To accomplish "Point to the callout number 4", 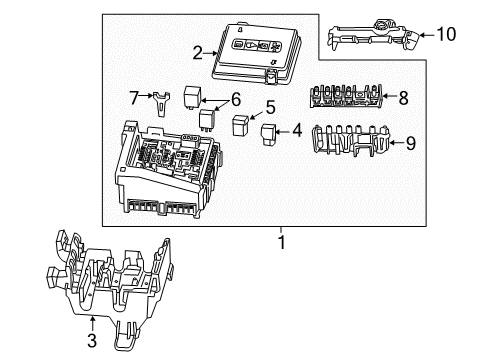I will pos(296,128).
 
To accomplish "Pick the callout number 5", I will pos(269,107).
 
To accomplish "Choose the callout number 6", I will pos(236,98).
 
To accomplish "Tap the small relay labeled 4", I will pos(268,133).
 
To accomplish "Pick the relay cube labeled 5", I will pos(241,125).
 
